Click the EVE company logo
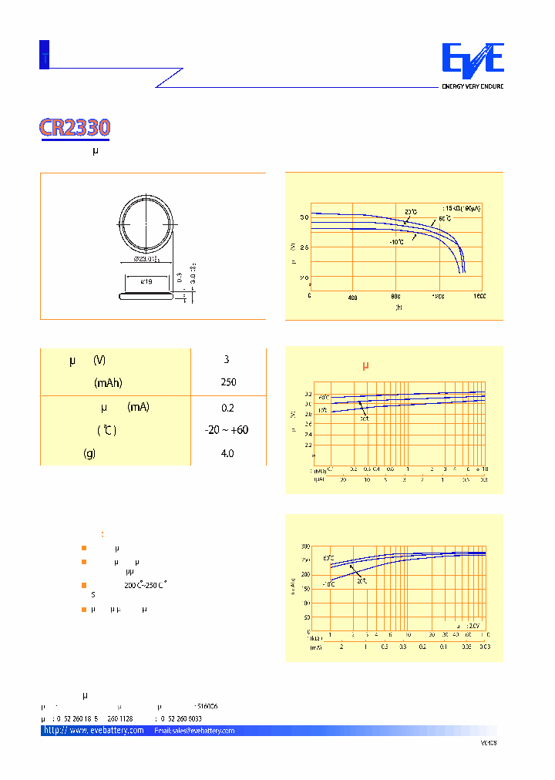[x=472, y=60]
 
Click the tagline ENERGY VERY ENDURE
[x=472, y=86]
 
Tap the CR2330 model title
[x=75, y=128]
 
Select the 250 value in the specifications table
[x=227, y=382]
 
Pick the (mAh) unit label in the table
[x=109, y=382]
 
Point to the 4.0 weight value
[x=227, y=454]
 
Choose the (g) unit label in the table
[x=89, y=454]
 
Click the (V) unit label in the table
[x=99, y=360]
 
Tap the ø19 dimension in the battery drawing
[x=146, y=282]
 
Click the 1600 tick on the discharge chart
[x=479, y=296]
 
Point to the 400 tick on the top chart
[x=353, y=296]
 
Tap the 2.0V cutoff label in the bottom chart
[x=473, y=626]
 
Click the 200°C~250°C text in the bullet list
[x=146, y=585]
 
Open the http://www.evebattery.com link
[x=94, y=730]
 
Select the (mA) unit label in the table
[x=139, y=407]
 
